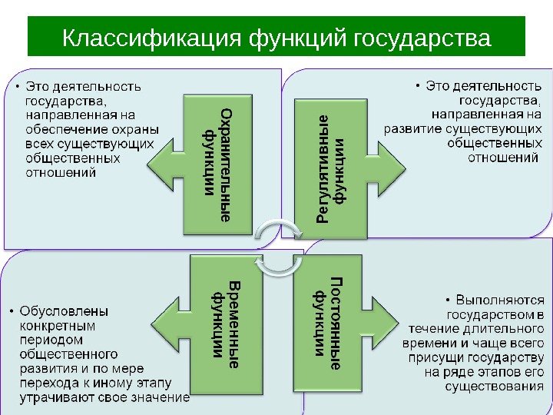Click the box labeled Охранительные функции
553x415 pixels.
pyautogui.click(x=217, y=164)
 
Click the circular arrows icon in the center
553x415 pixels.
pyautogui.click(x=278, y=247)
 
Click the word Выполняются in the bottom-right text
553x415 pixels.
pyautogui.click(x=500, y=300)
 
